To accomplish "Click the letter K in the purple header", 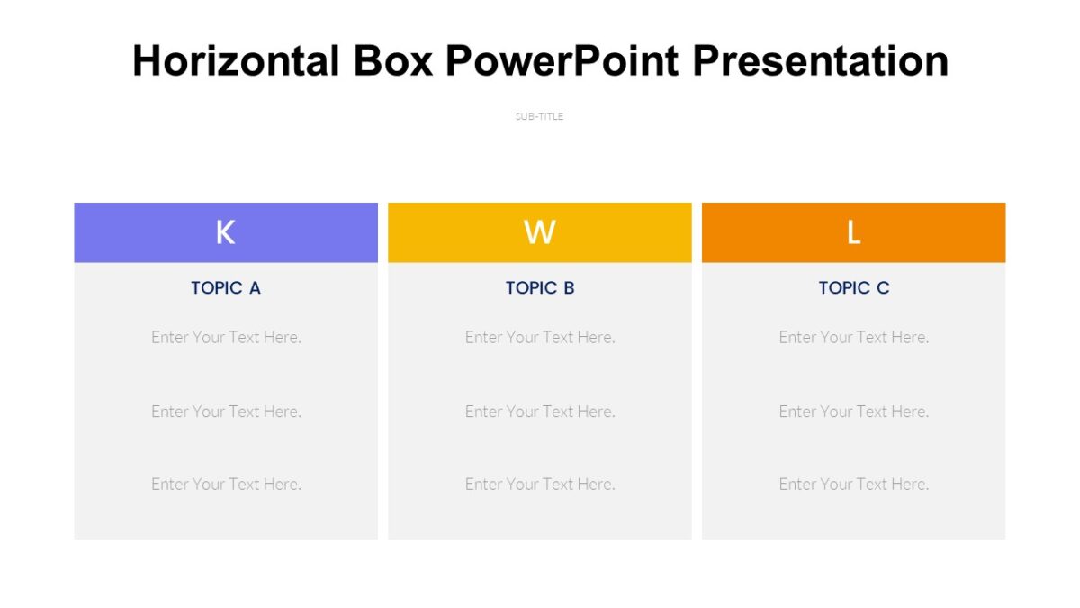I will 225,232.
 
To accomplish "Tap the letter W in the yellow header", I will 539,232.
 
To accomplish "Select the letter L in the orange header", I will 853,232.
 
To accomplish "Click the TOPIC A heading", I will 225,288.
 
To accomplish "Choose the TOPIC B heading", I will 539,288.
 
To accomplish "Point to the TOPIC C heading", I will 853,288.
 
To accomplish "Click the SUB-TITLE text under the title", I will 539,116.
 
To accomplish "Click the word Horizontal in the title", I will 236,61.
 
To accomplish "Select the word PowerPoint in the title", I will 562,61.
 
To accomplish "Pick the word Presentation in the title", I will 820,61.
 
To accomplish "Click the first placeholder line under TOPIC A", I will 226,337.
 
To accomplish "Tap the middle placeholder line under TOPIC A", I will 226,412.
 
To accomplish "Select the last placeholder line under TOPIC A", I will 226,485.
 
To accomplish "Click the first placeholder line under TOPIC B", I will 540,337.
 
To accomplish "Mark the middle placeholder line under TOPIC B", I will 540,412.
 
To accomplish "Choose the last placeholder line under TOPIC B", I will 540,485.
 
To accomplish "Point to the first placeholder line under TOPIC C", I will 854,337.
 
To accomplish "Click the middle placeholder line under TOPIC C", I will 854,412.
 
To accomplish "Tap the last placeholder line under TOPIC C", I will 854,485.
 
